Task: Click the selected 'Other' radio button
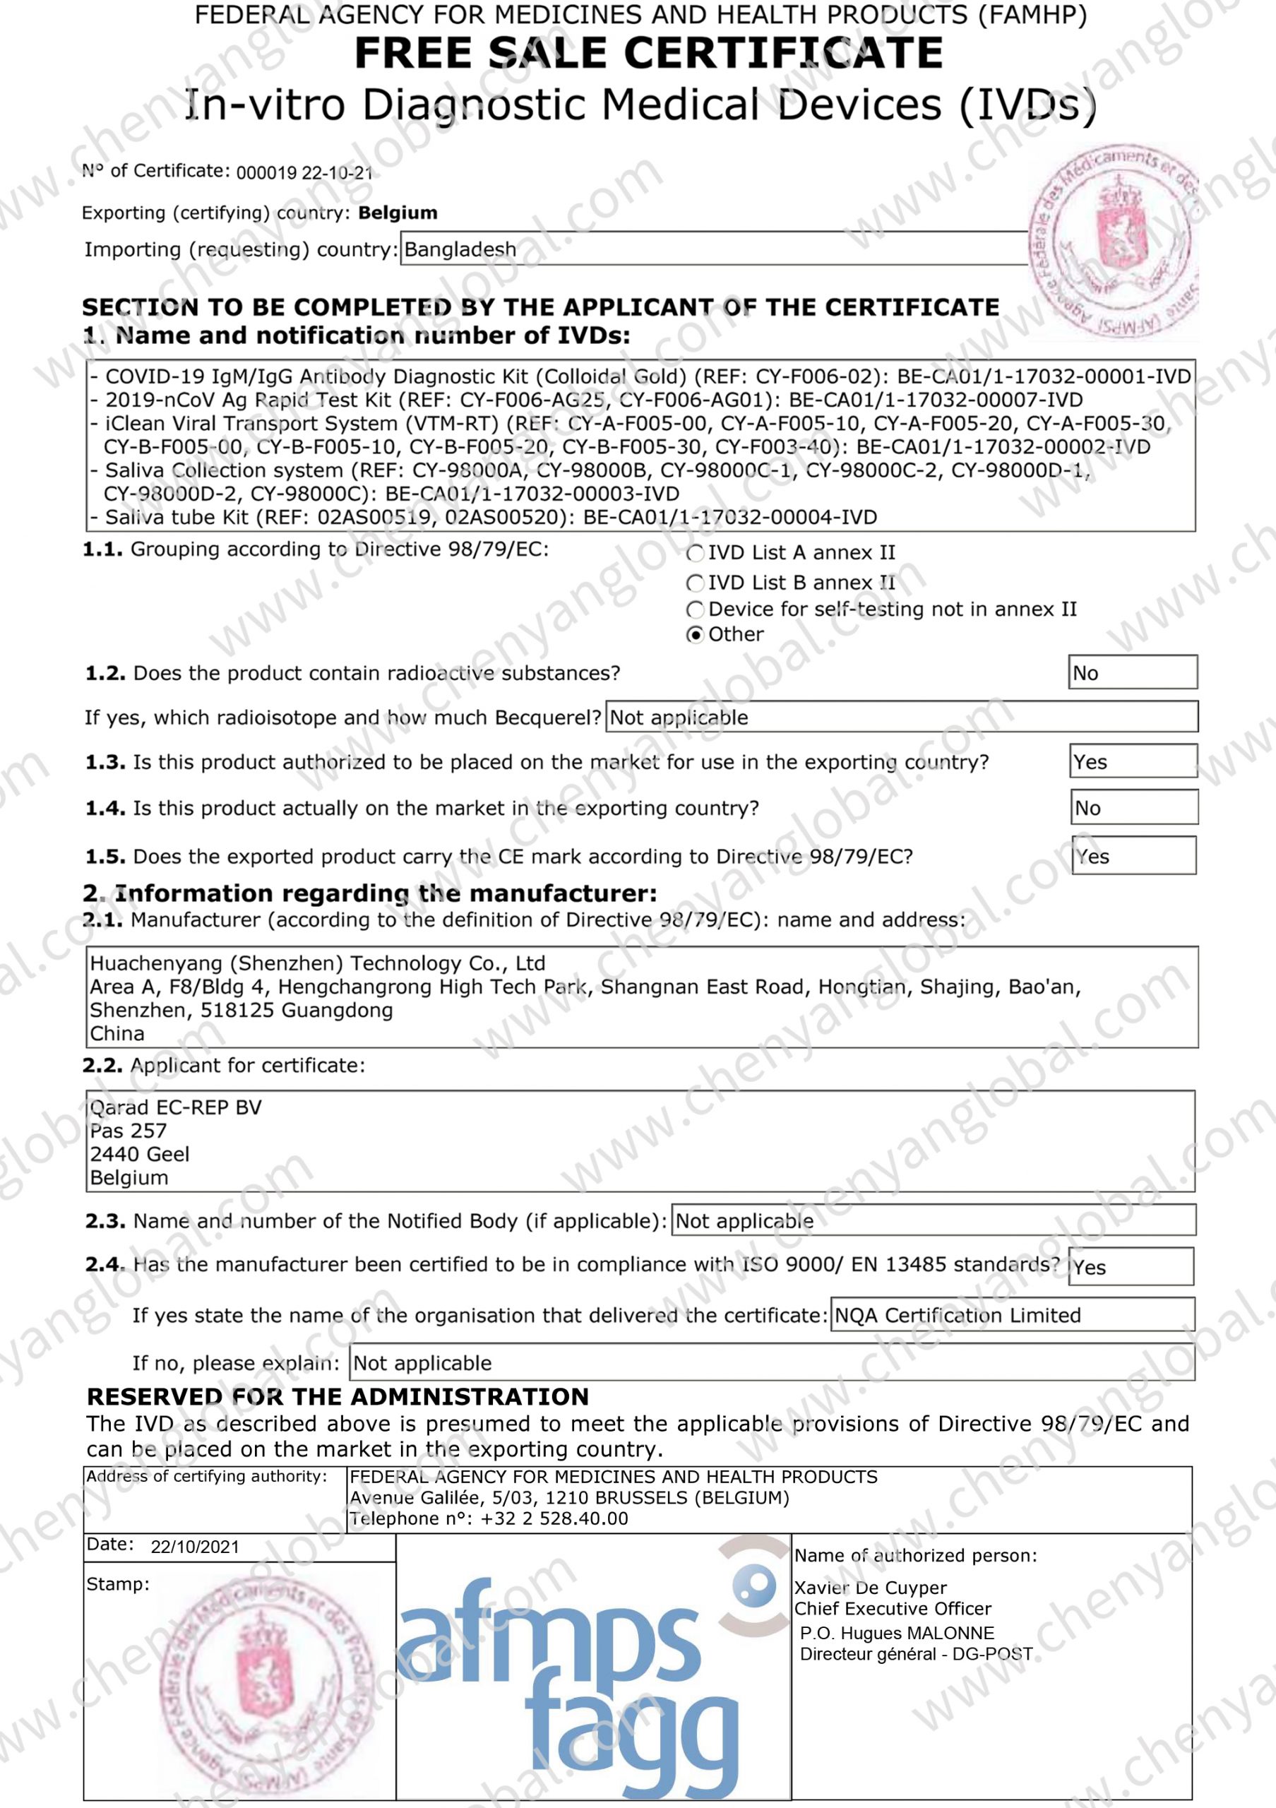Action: [x=695, y=635]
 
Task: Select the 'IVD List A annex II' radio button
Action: [x=695, y=554]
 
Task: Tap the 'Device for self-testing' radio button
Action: [x=695, y=609]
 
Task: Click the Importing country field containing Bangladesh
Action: [x=713, y=249]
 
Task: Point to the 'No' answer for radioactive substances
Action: [x=1132, y=672]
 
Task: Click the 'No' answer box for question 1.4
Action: [x=1133, y=808]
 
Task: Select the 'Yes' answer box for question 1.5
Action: [x=1133, y=856]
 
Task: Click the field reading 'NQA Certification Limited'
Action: [x=1011, y=1315]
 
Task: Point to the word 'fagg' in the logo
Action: [x=631, y=1740]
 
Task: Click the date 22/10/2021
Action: [x=194, y=1547]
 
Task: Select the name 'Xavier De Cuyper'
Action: [x=870, y=1588]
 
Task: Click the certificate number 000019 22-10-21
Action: [x=304, y=173]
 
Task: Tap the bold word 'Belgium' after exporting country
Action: [x=398, y=213]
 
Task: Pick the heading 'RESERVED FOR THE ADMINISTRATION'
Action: [x=337, y=1396]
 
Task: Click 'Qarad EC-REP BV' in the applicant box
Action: [x=176, y=1107]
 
